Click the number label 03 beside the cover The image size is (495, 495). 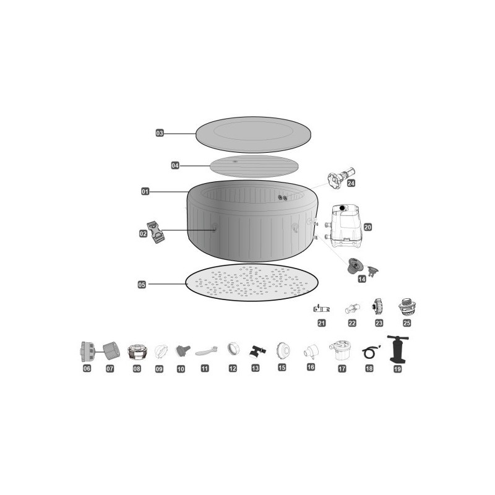click(x=160, y=133)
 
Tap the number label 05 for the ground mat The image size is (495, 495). click(x=142, y=285)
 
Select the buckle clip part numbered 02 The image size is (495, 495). click(x=156, y=232)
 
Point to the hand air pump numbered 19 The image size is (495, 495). click(x=397, y=349)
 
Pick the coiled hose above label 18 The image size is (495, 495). click(x=370, y=352)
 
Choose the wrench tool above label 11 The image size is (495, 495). click(x=206, y=351)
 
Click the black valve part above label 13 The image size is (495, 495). click(x=257, y=351)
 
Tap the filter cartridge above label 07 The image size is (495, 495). click(x=111, y=350)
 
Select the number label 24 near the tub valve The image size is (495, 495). click(x=351, y=183)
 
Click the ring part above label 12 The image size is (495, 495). click(x=233, y=349)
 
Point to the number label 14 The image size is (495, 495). click(x=362, y=279)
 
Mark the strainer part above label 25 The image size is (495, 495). click(x=407, y=307)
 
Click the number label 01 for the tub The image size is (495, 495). click(x=145, y=191)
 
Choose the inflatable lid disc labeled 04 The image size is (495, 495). click(x=254, y=166)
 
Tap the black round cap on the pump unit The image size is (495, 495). click(x=342, y=208)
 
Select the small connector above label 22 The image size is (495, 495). click(x=352, y=308)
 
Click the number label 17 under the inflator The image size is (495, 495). click(x=342, y=368)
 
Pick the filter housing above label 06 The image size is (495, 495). click(x=87, y=351)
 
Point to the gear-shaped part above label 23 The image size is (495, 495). click(x=377, y=307)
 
